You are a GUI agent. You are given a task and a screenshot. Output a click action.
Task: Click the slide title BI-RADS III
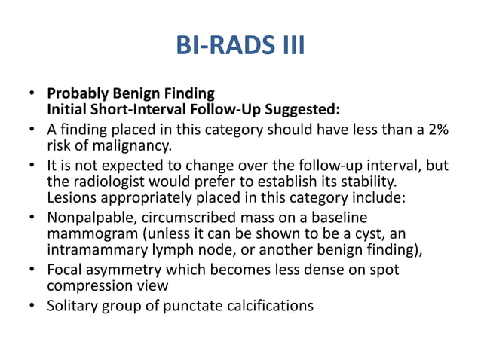coord(240,46)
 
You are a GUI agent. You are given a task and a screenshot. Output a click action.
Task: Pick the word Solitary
coord(73,306)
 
